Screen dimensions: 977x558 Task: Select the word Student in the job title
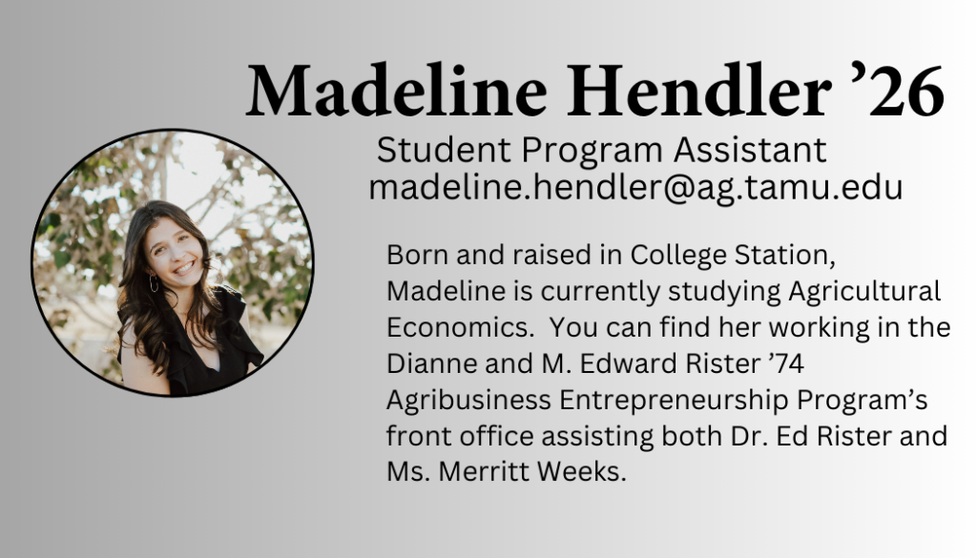click(444, 150)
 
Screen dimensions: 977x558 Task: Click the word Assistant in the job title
click(750, 150)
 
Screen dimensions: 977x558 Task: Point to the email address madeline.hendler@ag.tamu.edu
click(635, 187)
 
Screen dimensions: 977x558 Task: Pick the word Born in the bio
click(417, 255)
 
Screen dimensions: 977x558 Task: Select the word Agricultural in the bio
click(864, 292)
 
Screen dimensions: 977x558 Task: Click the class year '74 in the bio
click(786, 363)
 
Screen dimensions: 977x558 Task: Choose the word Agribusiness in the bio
click(468, 400)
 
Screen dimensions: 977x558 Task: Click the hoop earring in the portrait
click(154, 284)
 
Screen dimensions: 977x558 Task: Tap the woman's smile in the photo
click(183, 268)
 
